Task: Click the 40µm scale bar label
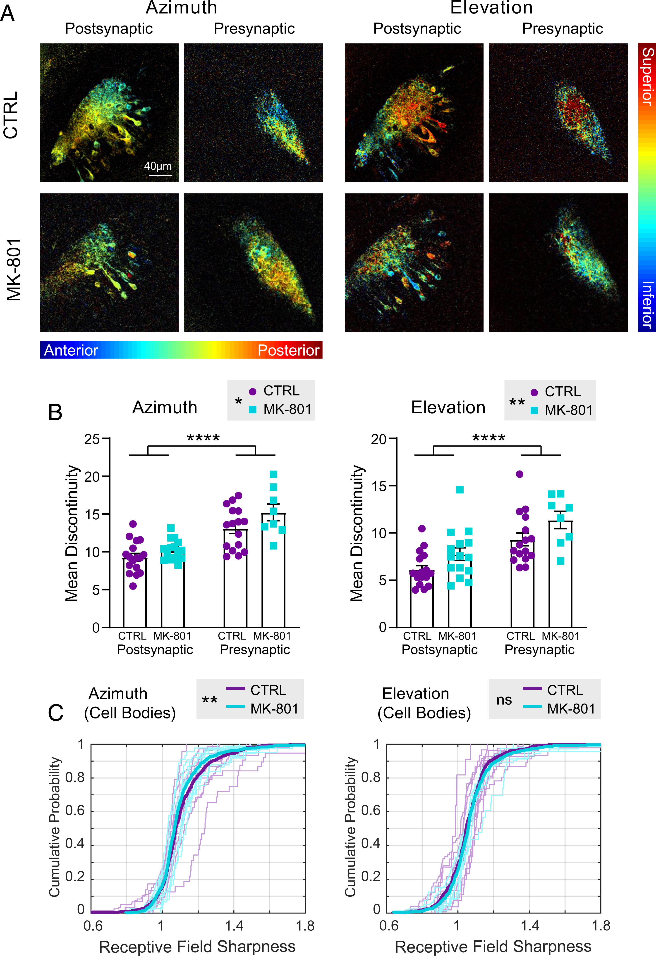[x=158, y=166]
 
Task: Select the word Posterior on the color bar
[x=288, y=350]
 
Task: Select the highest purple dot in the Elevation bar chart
[x=520, y=474]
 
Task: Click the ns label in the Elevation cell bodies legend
[x=504, y=700]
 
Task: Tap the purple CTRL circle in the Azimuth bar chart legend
[x=253, y=392]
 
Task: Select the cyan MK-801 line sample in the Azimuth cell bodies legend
[x=235, y=707]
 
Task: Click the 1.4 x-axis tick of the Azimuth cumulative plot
[x=234, y=926]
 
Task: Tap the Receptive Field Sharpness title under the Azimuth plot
[x=197, y=946]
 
